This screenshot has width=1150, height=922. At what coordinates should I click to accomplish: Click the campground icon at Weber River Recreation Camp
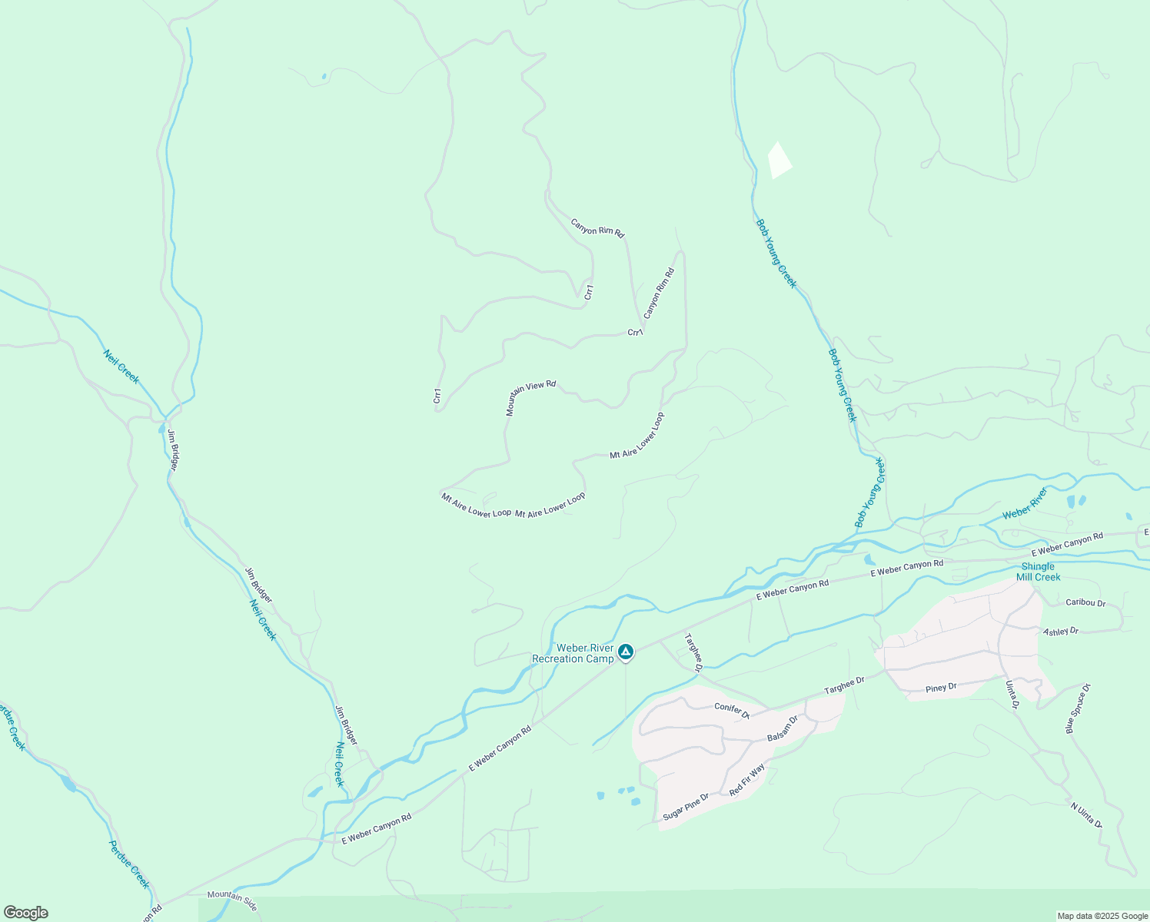tap(626, 652)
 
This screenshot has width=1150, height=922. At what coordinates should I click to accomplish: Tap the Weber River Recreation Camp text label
tap(573, 654)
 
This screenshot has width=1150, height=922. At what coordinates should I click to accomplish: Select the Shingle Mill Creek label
tap(1038, 572)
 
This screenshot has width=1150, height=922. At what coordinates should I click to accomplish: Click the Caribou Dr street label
tap(1085, 603)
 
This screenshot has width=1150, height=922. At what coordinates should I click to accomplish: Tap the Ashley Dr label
tap(1061, 632)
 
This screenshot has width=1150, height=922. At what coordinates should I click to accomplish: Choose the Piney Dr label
tap(941, 688)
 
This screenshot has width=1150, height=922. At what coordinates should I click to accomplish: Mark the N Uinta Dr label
tap(1086, 815)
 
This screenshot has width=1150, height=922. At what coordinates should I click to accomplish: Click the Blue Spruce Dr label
tap(1078, 708)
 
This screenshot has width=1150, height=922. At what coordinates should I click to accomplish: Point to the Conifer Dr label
tap(731, 708)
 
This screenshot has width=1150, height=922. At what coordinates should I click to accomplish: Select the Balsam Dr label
tap(783, 728)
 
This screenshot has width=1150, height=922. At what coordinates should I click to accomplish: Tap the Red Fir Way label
tap(747, 780)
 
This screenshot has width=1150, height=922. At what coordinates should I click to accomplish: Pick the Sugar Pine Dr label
tap(685, 808)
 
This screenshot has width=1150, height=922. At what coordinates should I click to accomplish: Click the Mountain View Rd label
tap(530, 397)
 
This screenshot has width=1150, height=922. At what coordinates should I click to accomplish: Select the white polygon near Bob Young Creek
tap(779, 160)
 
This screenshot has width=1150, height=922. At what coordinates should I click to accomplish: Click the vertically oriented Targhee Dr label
tap(693, 652)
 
